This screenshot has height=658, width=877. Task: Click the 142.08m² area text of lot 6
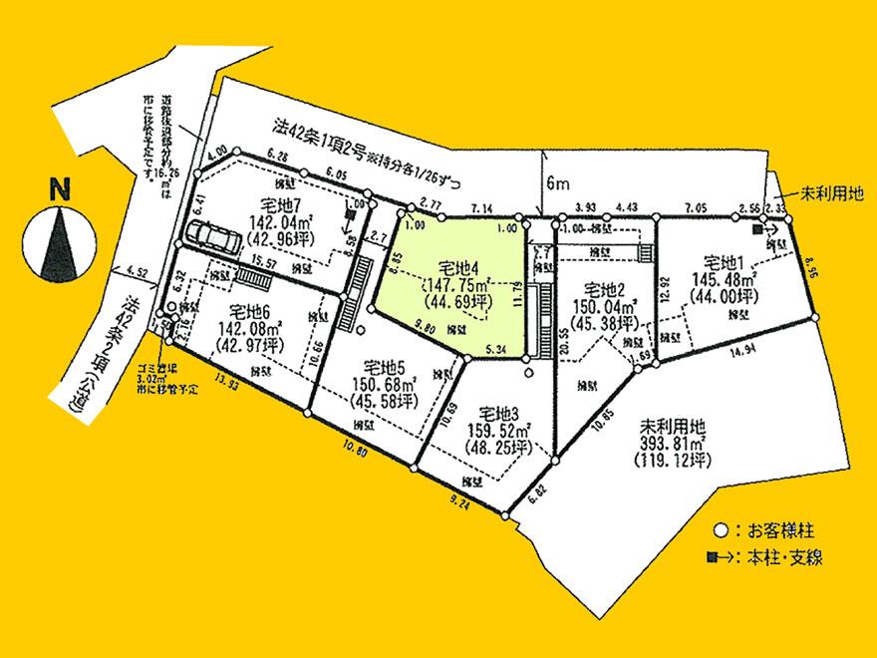(247, 327)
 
